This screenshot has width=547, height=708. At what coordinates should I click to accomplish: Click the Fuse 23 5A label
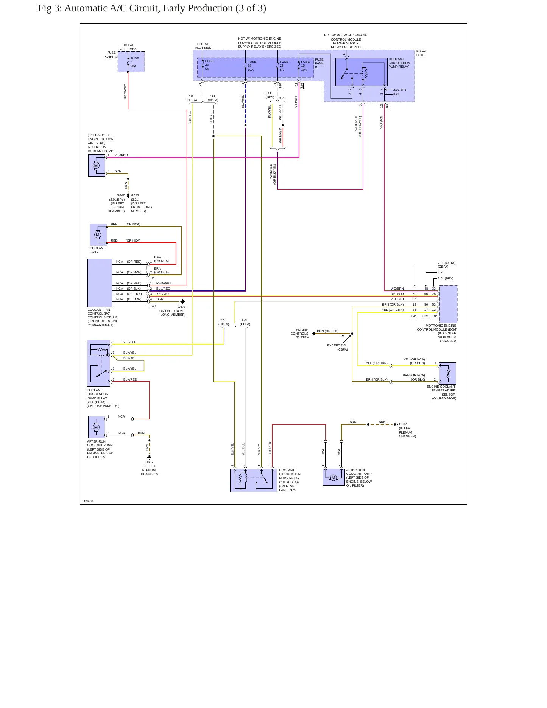click(x=209, y=65)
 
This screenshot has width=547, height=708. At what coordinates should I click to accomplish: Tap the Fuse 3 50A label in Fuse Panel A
click(x=134, y=62)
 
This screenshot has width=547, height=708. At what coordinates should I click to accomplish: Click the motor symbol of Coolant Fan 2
click(x=98, y=235)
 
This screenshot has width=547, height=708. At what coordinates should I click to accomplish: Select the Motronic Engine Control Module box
click(x=448, y=304)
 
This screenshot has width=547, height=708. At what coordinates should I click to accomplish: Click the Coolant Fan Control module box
click(x=100, y=283)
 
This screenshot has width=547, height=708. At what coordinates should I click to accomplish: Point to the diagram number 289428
click(x=88, y=501)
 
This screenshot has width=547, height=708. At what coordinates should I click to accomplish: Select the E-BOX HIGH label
click(x=421, y=53)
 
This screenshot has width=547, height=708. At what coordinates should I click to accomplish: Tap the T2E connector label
click(x=153, y=278)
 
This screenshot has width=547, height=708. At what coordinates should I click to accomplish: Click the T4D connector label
click(x=153, y=306)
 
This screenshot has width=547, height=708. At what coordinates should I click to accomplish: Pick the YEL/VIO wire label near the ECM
click(x=397, y=294)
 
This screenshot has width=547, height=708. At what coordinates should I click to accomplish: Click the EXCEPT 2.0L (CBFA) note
click(x=337, y=347)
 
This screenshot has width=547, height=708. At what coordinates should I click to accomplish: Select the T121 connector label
click(x=425, y=316)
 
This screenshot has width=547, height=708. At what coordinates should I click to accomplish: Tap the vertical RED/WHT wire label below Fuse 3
click(x=125, y=91)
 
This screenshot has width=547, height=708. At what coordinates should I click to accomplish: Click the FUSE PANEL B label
click(x=320, y=63)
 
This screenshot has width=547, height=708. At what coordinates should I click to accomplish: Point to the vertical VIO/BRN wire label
click(x=381, y=122)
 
